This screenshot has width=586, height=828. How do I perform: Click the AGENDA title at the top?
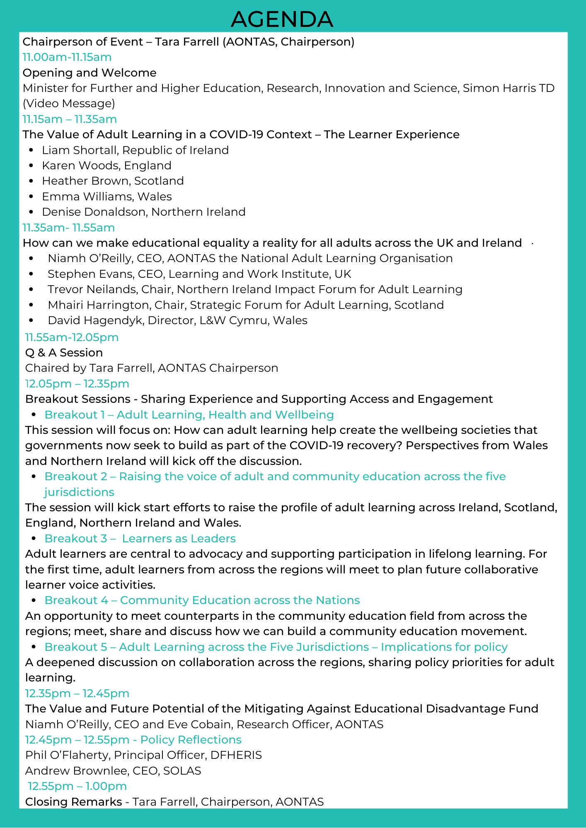pyautogui.click(x=282, y=19)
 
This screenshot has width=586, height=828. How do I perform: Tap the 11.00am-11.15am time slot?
pyautogui.click(x=67, y=57)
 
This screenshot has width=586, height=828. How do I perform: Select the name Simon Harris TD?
pyautogui.click(x=509, y=88)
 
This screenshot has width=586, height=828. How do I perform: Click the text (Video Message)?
pyautogui.click(x=69, y=103)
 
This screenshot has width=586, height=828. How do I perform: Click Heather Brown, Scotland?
pyautogui.click(x=113, y=181)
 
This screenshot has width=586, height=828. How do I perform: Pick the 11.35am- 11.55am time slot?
pyautogui.click(x=68, y=228)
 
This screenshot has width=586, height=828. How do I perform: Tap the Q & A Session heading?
pyautogui.click(x=64, y=353)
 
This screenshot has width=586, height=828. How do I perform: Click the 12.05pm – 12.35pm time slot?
pyautogui.click(x=77, y=384)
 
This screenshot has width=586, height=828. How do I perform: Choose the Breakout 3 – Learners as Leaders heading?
pyautogui.click(x=140, y=539)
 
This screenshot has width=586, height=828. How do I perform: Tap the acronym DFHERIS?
pyautogui.click(x=236, y=755)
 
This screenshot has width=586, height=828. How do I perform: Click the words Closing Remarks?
pyautogui.click(x=73, y=802)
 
